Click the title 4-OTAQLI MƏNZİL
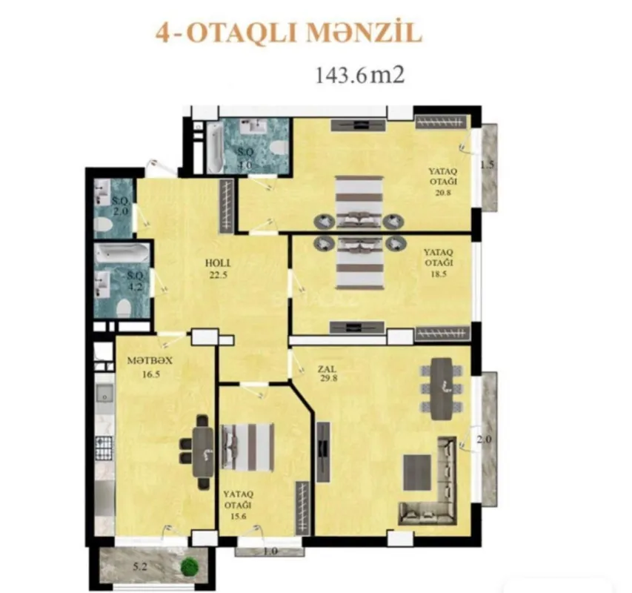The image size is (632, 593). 287,33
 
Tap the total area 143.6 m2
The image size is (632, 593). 359,75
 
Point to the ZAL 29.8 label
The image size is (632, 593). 327,371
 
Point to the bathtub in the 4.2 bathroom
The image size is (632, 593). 122,254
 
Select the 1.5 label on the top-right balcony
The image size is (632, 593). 487,165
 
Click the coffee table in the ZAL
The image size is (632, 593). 416,470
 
